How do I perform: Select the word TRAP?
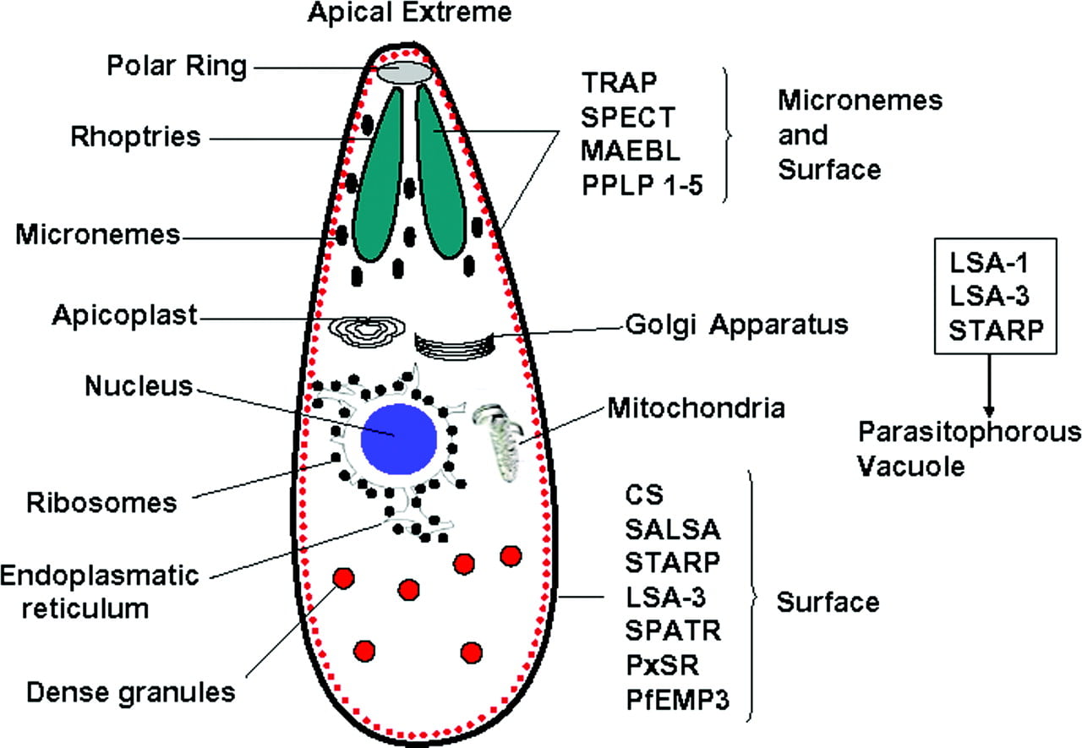point(619,83)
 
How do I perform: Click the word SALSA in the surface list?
point(673,529)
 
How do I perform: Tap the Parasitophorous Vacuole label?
point(970,449)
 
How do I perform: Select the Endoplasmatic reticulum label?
point(100,592)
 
